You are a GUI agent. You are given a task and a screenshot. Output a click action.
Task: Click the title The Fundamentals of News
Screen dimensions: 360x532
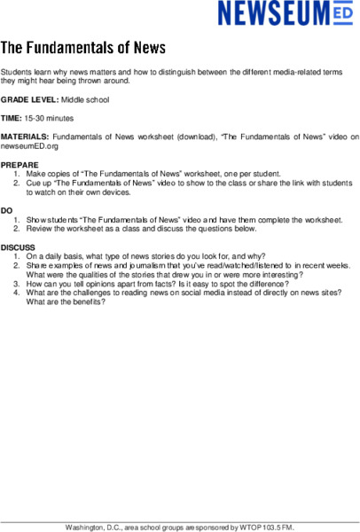tap(82, 47)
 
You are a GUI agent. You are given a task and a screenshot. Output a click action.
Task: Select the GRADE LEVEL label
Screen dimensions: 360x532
tap(30, 99)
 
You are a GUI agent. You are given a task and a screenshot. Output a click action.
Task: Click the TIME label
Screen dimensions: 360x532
tap(12, 118)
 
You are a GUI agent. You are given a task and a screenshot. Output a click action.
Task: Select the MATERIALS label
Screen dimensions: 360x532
tap(25, 137)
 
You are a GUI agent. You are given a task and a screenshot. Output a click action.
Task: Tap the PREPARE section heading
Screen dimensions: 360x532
tap(20, 165)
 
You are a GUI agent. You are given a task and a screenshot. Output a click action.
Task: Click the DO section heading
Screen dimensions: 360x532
tap(7, 211)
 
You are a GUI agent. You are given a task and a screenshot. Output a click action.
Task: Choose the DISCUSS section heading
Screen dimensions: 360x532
tap(18, 247)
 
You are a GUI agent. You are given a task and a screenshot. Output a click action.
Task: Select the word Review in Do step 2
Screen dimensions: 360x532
tap(40, 229)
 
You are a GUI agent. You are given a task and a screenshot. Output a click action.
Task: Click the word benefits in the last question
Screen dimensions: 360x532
tap(88, 301)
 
